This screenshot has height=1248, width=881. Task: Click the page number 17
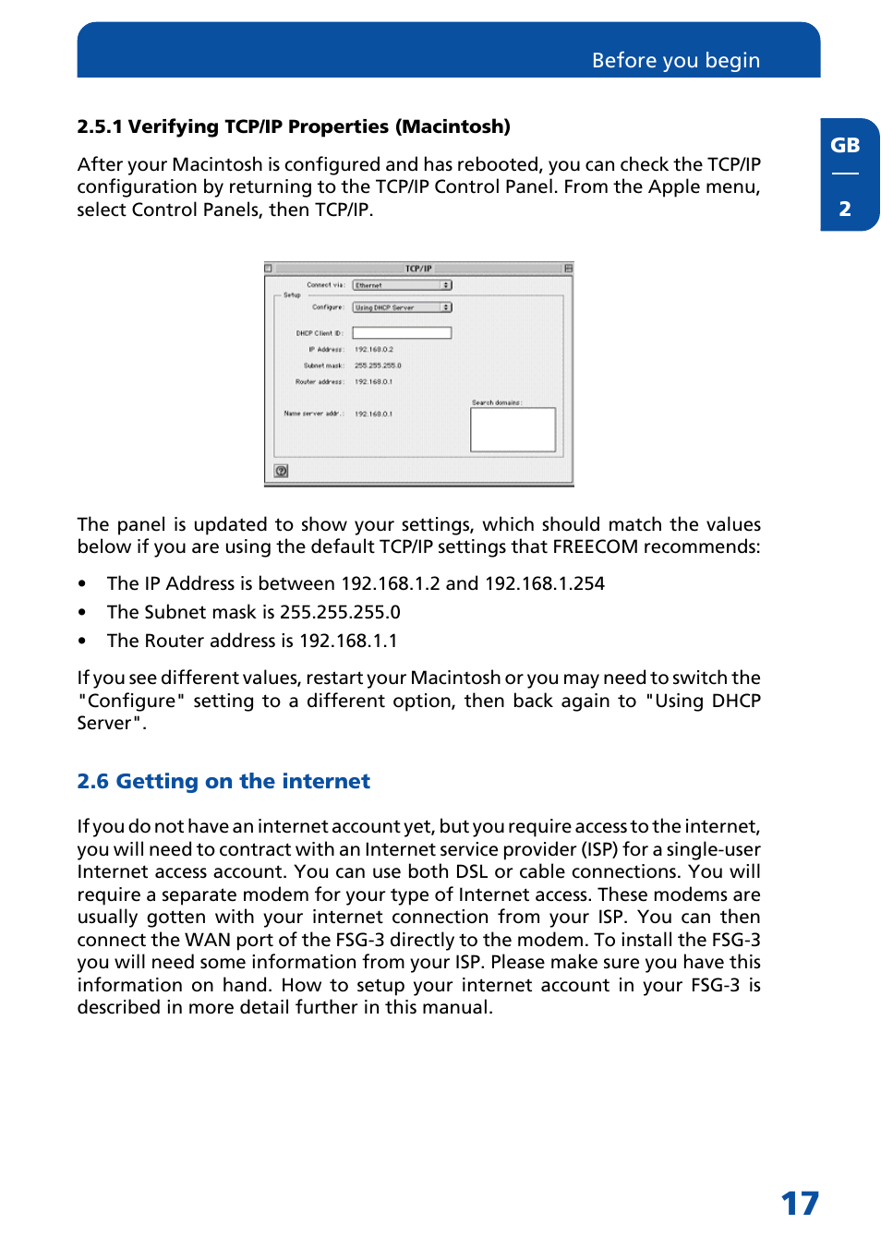coord(799,1203)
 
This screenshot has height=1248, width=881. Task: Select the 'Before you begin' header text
coord(675,61)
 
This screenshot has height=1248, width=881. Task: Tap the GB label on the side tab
coord(844,146)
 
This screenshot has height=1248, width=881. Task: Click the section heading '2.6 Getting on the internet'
coord(223,782)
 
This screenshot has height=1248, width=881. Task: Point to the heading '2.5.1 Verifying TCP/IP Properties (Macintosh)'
coord(294,127)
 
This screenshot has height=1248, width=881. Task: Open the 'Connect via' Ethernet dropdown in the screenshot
coord(402,285)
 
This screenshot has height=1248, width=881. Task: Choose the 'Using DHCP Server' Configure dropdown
coord(402,307)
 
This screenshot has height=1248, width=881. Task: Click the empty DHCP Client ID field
coord(402,333)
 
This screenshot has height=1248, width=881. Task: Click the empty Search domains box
coord(513,430)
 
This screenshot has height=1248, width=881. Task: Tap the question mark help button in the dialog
coord(282,471)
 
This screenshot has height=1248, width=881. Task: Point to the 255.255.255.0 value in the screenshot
coord(378,366)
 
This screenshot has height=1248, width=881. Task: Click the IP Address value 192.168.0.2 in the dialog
coord(374,350)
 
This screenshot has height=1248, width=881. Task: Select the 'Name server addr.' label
coord(314,414)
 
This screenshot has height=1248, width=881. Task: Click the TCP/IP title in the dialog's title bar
coord(418,269)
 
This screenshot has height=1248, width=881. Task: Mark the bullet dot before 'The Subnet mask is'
coord(82,613)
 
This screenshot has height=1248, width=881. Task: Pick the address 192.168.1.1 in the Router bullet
coord(348,642)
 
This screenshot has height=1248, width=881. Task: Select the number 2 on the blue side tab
coord(844,210)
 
